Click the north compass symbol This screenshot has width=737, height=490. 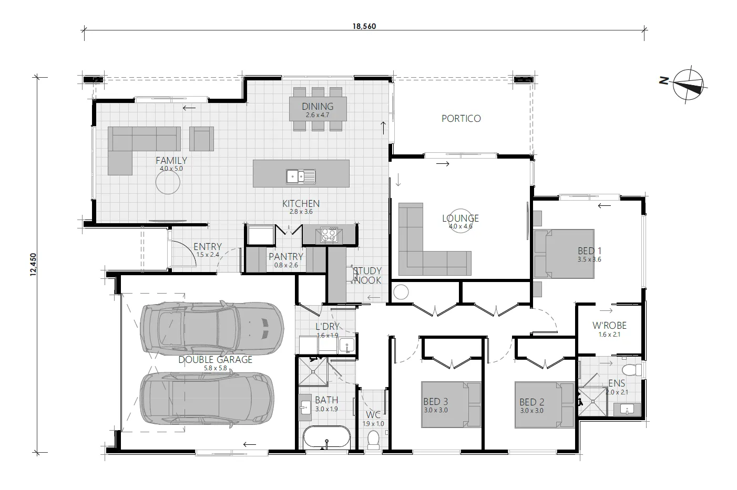click(689, 84)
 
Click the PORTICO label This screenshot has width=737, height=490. click(461, 119)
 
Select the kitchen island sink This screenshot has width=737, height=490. click(301, 176)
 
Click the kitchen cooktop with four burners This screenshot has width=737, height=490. click(329, 234)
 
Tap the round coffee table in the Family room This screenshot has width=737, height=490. click(168, 183)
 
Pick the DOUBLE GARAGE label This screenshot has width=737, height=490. click(215, 360)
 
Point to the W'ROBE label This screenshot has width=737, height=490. click(609, 326)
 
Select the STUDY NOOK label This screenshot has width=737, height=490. click(367, 276)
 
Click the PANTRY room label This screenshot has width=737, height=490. click(285, 257)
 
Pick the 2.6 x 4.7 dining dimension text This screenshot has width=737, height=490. click(318, 114)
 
